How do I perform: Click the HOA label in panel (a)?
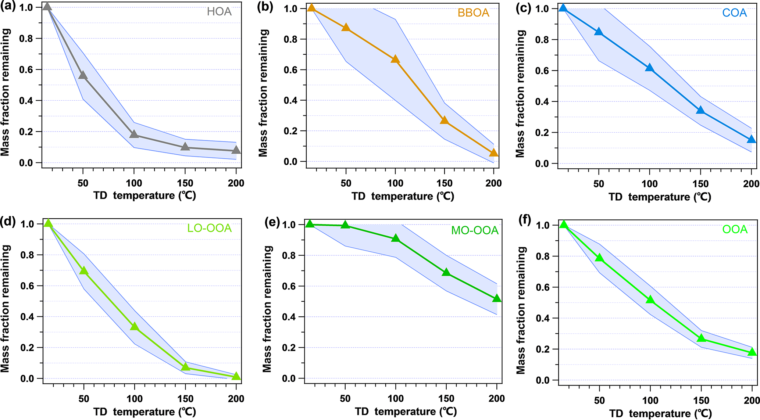tap(219, 12)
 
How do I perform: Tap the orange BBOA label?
tap(473, 13)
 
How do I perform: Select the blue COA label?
tap(734, 13)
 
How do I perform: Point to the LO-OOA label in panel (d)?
tap(209, 228)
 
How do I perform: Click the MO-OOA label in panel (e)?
tap(475, 230)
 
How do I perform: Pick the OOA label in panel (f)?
tap(735, 230)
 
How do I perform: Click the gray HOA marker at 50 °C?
tap(83, 75)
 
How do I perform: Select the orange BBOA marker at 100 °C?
tap(395, 59)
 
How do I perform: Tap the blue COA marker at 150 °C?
tap(700, 110)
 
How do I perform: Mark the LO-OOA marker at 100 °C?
tap(135, 326)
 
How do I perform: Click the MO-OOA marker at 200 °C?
tap(496, 298)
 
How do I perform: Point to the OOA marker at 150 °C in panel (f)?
tap(701, 338)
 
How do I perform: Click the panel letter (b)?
tap(265, 7)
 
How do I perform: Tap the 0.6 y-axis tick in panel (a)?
tap(27, 70)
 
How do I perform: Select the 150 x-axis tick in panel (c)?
tap(700, 184)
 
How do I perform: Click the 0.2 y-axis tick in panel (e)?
tap(289, 348)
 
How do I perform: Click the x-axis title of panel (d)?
tap(144, 412)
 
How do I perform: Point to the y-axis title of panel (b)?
tap(263, 93)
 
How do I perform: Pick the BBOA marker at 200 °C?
tap(493, 153)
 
